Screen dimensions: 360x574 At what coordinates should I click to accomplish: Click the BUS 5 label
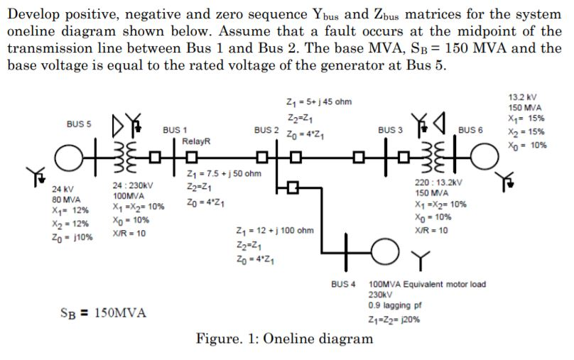(x=80, y=124)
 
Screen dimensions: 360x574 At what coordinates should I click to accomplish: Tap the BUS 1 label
(x=175, y=131)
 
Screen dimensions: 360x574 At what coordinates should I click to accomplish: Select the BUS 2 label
(x=267, y=131)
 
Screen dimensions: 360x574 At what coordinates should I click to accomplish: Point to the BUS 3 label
(x=390, y=131)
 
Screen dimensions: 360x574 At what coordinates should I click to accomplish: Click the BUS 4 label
(x=343, y=284)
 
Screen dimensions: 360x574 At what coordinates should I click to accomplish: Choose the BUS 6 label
(x=470, y=131)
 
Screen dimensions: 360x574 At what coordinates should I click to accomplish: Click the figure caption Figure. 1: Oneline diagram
(x=284, y=338)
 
